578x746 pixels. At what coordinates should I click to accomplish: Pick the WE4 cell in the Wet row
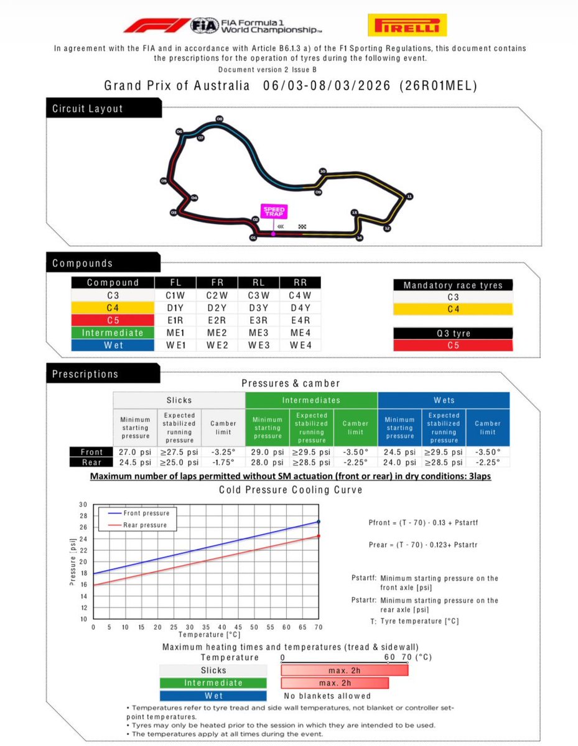point(301,346)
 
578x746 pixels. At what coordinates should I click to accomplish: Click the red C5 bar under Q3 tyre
point(452,346)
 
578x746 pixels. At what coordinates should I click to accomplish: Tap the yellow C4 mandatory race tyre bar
point(452,310)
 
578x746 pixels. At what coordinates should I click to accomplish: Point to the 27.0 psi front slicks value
point(135,453)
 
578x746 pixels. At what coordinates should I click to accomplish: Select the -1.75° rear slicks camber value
point(222,463)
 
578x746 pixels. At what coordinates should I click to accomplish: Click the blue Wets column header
point(443,400)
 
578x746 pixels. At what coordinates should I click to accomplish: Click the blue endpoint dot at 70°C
point(319,522)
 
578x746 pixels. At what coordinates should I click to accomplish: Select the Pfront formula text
point(423,522)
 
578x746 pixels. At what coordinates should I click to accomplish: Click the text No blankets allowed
point(327,696)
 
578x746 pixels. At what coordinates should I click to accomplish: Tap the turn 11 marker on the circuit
point(409,196)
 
